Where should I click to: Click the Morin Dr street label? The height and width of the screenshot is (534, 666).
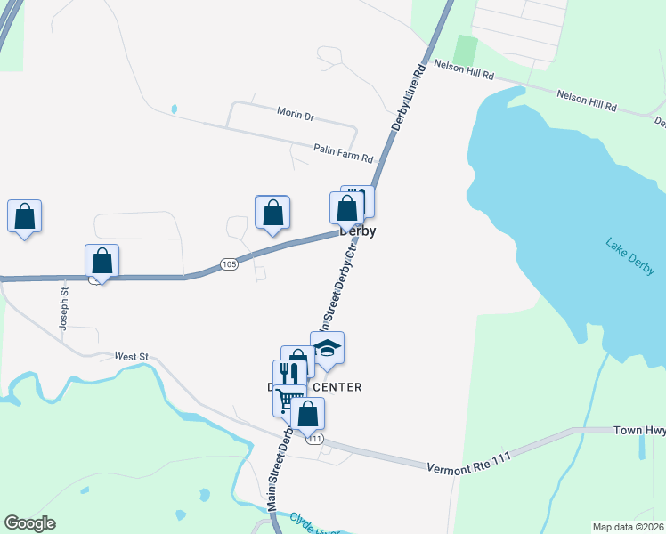[x=296, y=116]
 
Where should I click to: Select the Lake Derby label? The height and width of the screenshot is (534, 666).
[x=629, y=256]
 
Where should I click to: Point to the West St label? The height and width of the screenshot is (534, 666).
[x=131, y=356]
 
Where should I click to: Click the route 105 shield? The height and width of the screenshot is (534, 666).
[x=229, y=264]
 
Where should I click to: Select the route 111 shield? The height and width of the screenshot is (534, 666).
[x=313, y=439]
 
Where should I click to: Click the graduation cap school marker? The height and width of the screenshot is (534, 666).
[x=327, y=348]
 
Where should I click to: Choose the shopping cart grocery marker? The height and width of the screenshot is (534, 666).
[x=287, y=400]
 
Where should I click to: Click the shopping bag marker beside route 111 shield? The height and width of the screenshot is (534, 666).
[x=308, y=414]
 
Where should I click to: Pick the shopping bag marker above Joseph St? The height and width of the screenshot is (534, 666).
[x=102, y=261]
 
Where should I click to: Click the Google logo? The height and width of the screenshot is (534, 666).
[x=29, y=523]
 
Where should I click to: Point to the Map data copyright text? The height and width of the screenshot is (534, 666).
[x=628, y=527]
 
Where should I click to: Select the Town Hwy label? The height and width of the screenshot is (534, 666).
[x=639, y=431]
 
